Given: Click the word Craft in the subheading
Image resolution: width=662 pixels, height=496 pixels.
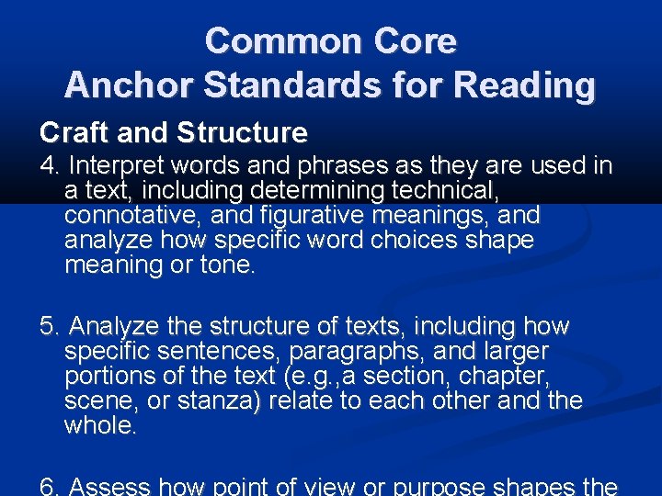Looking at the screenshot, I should [x=70, y=132].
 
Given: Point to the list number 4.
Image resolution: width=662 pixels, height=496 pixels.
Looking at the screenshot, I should [x=48, y=166].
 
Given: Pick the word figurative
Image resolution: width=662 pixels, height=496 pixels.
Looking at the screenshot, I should [x=316, y=216].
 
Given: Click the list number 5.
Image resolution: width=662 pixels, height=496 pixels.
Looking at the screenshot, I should [x=48, y=327].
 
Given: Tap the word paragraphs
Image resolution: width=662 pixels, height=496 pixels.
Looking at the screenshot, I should [x=368, y=352].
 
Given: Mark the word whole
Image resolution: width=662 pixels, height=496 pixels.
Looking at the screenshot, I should [x=99, y=426].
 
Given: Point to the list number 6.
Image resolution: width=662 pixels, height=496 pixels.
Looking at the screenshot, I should [x=48, y=486].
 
